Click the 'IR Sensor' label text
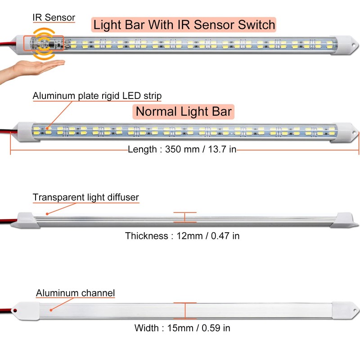pyautogui.click(x=54, y=18)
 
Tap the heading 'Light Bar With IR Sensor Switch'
pyautogui.click(x=184, y=24)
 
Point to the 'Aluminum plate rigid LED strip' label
pyautogui.click(x=97, y=96)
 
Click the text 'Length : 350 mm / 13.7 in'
pyautogui.click(x=182, y=149)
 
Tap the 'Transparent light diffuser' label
pyautogui.click(x=85, y=197)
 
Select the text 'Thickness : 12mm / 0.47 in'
pyautogui.click(x=182, y=236)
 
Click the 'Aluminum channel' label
pyautogui.click(x=75, y=293)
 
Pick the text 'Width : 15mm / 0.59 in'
pyautogui.click(x=182, y=328)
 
